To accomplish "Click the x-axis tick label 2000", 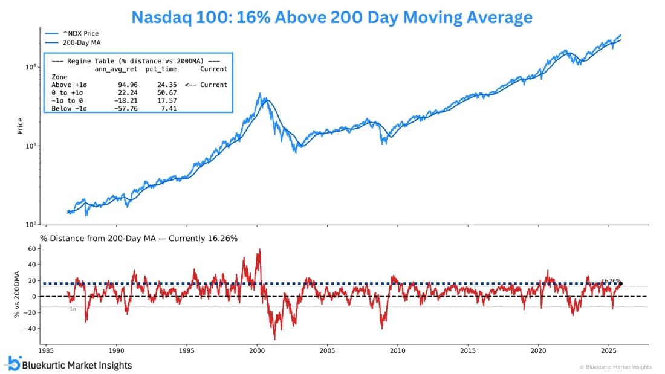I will (257, 350).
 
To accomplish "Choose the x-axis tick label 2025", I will (609, 350).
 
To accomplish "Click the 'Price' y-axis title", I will (21, 126).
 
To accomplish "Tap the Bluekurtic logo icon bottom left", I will (14, 363).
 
